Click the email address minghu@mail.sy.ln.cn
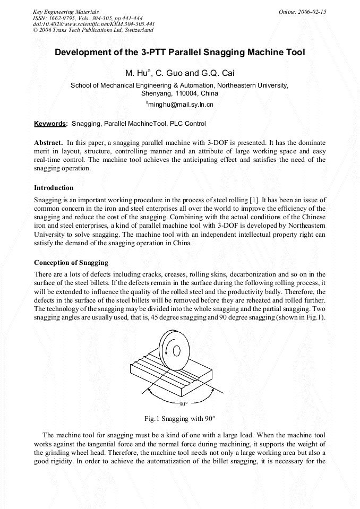click(x=181, y=105)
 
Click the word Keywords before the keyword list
click(x=50, y=124)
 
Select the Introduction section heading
click(x=54, y=187)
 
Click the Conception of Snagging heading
click(x=71, y=262)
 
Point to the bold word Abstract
click(x=48, y=143)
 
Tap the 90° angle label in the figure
click(x=184, y=404)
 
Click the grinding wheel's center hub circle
click(x=178, y=350)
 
